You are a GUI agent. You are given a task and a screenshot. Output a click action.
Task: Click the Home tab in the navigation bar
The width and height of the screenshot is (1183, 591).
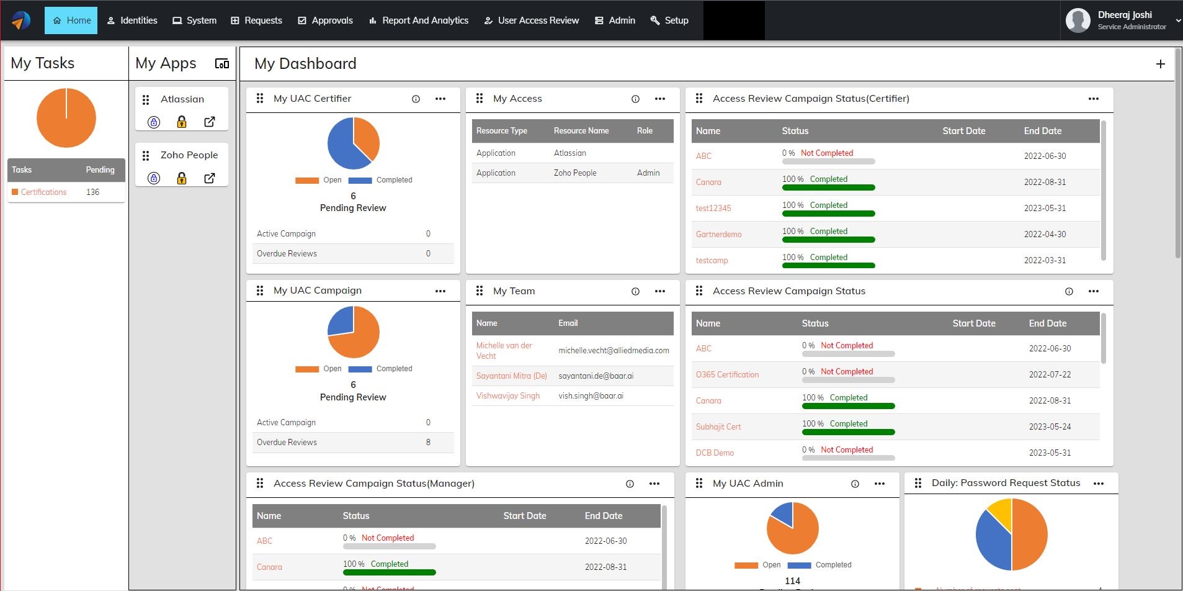point(71,20)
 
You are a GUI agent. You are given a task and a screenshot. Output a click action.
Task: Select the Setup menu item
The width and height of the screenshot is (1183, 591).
point(669,20)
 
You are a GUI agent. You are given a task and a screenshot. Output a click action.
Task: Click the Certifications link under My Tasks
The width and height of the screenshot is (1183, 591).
point(43,192)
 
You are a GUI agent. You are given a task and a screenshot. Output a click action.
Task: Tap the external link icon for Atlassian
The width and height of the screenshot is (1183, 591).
point(210,122)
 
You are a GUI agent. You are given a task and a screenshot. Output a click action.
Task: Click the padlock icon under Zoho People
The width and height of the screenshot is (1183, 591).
point(182,178)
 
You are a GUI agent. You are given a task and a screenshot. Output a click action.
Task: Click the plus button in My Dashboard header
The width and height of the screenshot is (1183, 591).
point(1160,64)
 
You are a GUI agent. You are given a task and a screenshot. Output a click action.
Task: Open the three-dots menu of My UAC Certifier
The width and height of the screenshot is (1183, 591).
point(440,99)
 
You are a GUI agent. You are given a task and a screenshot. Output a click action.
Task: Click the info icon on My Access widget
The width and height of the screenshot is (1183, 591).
point(635,99)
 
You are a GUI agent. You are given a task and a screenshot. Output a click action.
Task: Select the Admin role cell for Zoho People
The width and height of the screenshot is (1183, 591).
point(648,173)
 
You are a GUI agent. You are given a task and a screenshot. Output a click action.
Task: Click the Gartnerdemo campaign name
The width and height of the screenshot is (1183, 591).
point(718,234)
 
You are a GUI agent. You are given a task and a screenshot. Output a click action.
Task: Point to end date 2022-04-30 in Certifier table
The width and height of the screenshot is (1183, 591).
point(1045,234)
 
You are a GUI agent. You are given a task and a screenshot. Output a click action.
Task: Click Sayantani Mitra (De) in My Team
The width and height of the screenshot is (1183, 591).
point(511,376)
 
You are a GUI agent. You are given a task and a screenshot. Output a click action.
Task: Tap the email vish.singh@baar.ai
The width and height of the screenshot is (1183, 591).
point(591,395)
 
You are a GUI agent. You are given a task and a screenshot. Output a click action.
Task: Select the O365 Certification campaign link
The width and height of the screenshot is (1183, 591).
point(727,374)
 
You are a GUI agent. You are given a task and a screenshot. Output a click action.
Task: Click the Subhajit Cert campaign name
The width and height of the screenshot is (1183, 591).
point(718,426)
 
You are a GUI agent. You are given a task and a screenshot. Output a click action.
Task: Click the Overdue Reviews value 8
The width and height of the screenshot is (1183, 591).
point(428,442)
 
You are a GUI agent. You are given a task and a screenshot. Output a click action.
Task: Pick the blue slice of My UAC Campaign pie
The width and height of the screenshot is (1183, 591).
point(341,320)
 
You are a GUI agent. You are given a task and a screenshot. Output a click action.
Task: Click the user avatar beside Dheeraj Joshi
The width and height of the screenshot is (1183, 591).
point(1078,20)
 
